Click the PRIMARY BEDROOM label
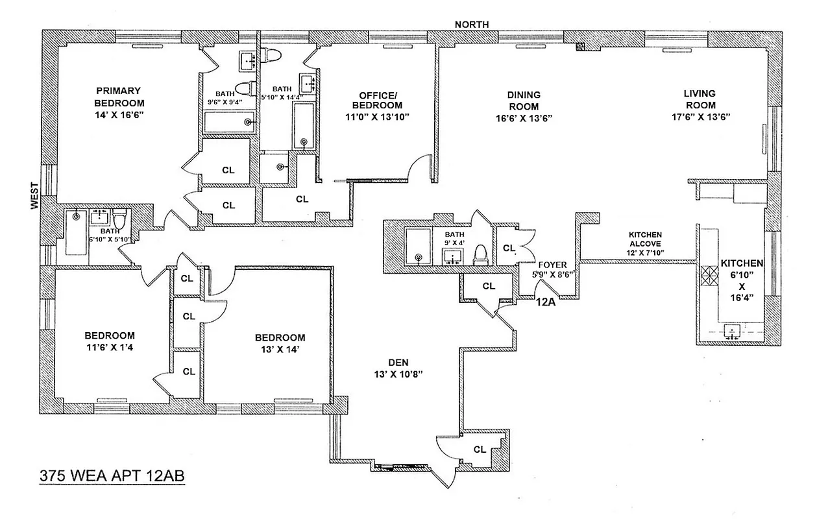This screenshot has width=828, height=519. [x=119, y=97]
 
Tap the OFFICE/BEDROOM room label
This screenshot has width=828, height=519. [x=377, y=99]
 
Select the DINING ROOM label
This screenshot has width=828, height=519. [x=524, y=100]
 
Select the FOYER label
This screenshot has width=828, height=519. [x=553, y=265]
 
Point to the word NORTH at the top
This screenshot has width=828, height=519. [x=472, y=25]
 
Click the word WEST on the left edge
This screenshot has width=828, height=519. [x=34, y=195]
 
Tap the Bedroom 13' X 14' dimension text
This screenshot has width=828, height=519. [x=280, y=350]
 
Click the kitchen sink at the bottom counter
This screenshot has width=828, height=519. [x=732, y=333]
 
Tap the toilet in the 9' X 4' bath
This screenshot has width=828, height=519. [x=481, y=254]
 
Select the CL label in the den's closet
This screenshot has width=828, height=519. [x=480, y=449]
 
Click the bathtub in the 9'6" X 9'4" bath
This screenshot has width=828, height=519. [x=226, y=121]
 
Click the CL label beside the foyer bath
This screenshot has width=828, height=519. [x=509, y=248]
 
